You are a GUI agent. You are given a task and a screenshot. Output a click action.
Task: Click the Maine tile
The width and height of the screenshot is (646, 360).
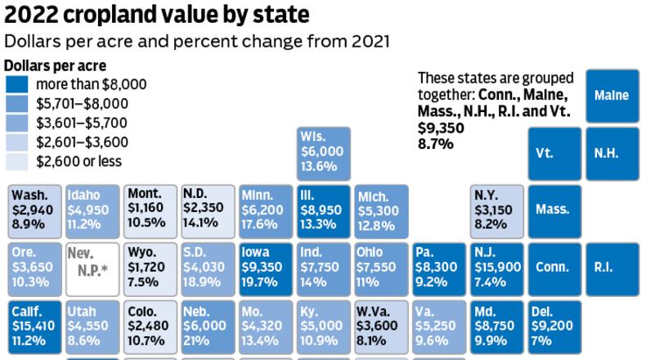point(612,96)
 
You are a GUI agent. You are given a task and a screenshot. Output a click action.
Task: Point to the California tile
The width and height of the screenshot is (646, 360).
point(34,326)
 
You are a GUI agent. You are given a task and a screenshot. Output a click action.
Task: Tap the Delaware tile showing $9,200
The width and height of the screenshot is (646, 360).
point(554,326)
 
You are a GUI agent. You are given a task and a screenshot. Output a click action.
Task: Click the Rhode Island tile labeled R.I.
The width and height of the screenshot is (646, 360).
point(612,267)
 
